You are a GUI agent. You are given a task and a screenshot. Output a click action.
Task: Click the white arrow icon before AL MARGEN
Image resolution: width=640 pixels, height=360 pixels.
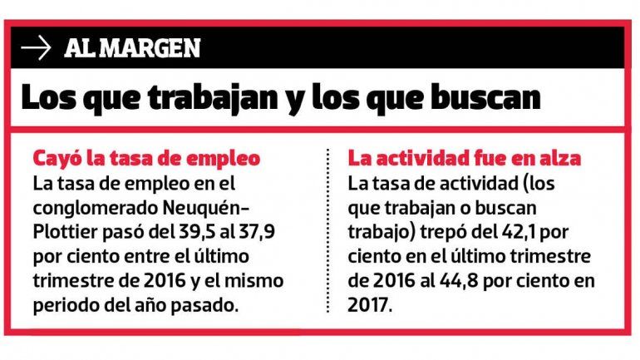37,48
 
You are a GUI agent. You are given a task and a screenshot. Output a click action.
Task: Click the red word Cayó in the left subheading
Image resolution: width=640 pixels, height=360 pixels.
52,157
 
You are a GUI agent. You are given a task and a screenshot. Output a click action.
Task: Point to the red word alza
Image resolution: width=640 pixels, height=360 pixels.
559,157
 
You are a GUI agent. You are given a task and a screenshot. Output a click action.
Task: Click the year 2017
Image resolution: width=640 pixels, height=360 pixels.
367,304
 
